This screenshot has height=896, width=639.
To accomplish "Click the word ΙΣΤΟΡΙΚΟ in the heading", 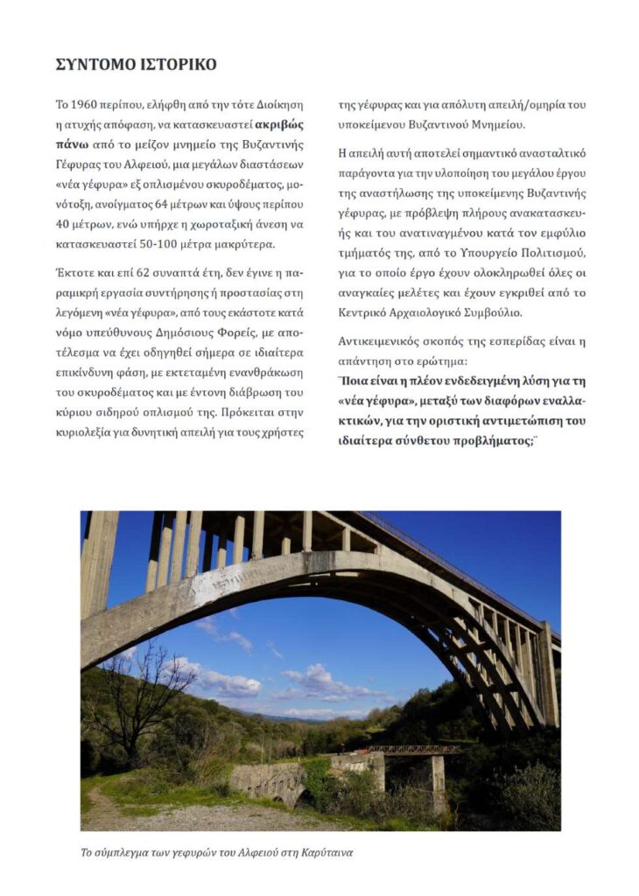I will click(174, 65).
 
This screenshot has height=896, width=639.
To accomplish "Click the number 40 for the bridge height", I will click(65, 223).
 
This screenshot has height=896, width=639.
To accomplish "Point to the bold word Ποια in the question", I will click(356, 381).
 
